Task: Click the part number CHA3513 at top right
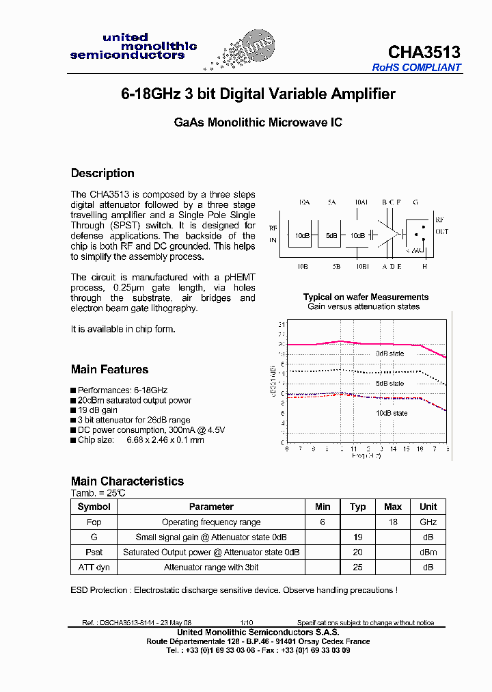tap(424, 53)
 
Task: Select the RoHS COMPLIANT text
tap(417, 68)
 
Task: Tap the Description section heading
tap(102, 173)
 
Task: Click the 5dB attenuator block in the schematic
tap(331, 235)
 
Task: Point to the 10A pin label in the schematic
tap(305, 203)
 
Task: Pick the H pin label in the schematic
tap(424, 266)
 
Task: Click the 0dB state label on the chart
tap(389, 354)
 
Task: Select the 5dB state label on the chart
tap(389, 384)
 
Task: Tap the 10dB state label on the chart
tap(391, 413)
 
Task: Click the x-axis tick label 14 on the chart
tap(394, 449)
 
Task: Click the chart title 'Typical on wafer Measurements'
tap(366, 297)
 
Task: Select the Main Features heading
tap(109, 369)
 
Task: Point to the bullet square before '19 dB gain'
tap(73, 410)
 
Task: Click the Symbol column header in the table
tap(94, 507)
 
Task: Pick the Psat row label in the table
tap(94, 552)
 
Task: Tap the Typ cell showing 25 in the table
tap(358, 567)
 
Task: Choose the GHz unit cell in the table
tap(428, 522)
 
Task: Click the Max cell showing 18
tap(393, 522)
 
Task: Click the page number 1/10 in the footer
tap(246, 623)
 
